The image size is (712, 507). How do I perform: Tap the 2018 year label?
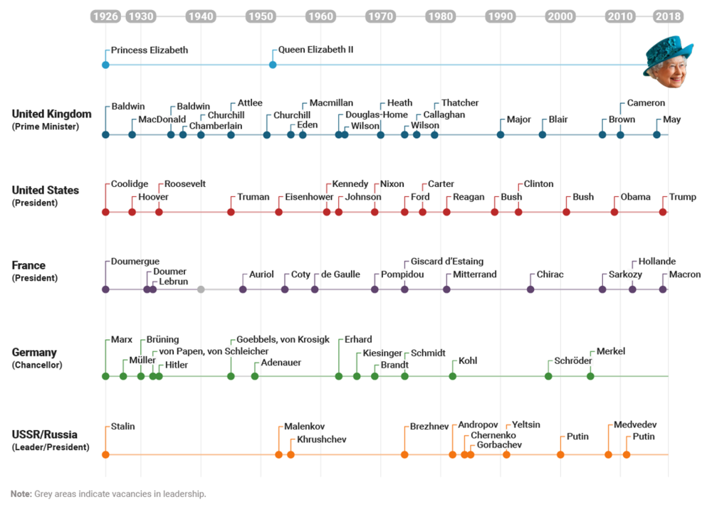668,16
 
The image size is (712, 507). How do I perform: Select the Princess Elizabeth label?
150,50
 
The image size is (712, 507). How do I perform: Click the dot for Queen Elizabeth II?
273,65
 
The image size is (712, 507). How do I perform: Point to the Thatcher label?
460,103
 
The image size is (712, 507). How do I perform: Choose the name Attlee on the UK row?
250,103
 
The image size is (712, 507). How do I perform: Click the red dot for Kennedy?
327,212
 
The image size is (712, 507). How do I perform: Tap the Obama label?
635,197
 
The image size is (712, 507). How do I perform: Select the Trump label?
683,197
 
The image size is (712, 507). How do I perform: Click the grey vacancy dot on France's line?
201,289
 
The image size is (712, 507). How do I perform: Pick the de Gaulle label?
340,274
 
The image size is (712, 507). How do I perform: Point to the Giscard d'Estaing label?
447,262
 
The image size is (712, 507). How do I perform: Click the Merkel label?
611,351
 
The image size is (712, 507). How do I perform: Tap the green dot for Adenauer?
255,376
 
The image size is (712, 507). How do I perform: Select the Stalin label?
122,427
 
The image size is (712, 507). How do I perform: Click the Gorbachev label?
499,445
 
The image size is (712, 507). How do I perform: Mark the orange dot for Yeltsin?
506,454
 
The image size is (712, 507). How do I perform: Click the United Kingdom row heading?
51,114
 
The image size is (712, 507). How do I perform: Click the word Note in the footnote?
21,493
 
